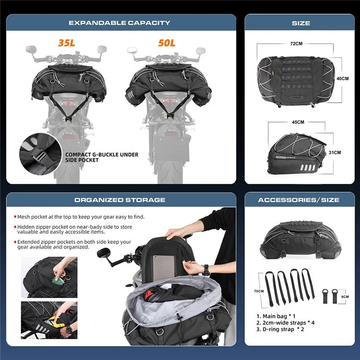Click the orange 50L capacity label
[x=167, y=43]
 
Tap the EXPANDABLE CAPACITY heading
[x=120, y=23]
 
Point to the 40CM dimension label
[x=342, y=78]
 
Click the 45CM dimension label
[x=298, y=122]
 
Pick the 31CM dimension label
[x=335, y=152]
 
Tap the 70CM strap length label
[x=259, y=291]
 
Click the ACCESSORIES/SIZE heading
[x=299, y=200]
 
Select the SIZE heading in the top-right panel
[x=300, y=23]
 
